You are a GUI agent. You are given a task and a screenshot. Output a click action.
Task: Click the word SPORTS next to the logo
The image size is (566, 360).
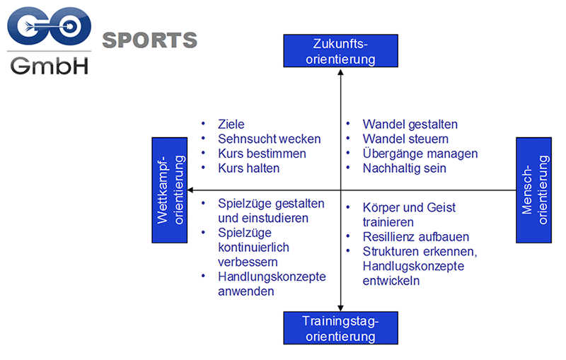coord(150,40)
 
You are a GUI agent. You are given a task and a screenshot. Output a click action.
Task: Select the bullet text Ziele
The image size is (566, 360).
coord(231,124)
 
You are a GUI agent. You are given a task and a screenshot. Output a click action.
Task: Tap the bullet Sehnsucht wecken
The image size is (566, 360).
coord(270,139)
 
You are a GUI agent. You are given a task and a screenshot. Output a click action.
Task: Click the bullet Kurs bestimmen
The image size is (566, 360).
coord(262,153)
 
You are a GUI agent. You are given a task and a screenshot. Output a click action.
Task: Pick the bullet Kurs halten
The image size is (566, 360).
coord(249,168)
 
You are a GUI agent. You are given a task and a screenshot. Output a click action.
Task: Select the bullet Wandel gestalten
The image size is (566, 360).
coord(410,124)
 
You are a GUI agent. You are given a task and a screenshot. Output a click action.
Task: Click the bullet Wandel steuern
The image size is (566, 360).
coord(405,139)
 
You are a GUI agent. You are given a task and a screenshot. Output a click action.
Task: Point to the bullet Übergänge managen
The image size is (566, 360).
coord(420,153)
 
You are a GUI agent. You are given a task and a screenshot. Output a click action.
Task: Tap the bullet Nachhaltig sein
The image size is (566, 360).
coord(405,168)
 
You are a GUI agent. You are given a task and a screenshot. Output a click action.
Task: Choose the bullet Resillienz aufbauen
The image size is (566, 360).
coord(416,237)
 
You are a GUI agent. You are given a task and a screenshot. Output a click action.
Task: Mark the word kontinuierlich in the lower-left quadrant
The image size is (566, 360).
coord(254,248)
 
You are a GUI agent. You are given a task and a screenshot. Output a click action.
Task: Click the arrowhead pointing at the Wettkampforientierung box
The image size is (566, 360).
coord(192,190)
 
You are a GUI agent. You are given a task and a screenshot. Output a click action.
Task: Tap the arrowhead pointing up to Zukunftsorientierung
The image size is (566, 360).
coord(340,71)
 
